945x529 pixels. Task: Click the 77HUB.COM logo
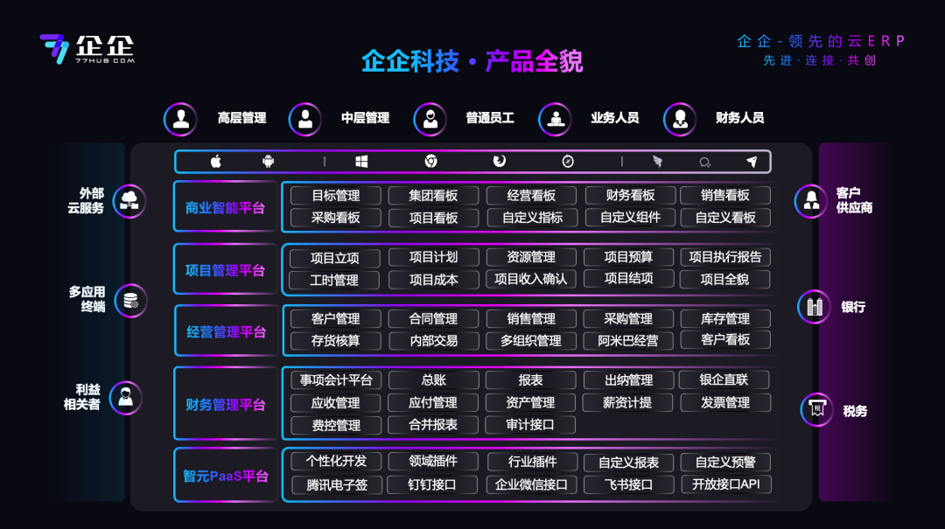tap(87, 49)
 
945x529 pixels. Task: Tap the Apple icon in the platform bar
tap(216, 162)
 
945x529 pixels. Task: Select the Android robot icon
tap(269, 162)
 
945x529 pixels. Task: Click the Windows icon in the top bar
tap(361, 162)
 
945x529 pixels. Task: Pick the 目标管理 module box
tap(336, 195)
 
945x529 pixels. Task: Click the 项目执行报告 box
tap(725, 257)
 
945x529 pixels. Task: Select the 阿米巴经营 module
tap(628, 341)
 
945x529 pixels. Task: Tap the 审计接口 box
tap(530, 425)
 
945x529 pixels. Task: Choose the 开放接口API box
tap(725, 484)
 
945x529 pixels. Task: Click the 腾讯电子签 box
tap(336, 485)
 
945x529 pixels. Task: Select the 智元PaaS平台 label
tap(226, 476)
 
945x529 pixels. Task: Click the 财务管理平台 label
tap(226, 404)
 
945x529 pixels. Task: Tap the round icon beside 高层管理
tap(181, 119)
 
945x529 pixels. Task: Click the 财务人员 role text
tap(739, 118)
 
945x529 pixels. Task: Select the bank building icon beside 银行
tap(815, 307)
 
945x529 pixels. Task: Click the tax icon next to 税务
tap(817, 410)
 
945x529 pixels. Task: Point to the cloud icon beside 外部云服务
tap(129, 200)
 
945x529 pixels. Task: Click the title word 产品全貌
tap(534, 61)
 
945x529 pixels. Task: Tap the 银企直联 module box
tap(724, 379)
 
